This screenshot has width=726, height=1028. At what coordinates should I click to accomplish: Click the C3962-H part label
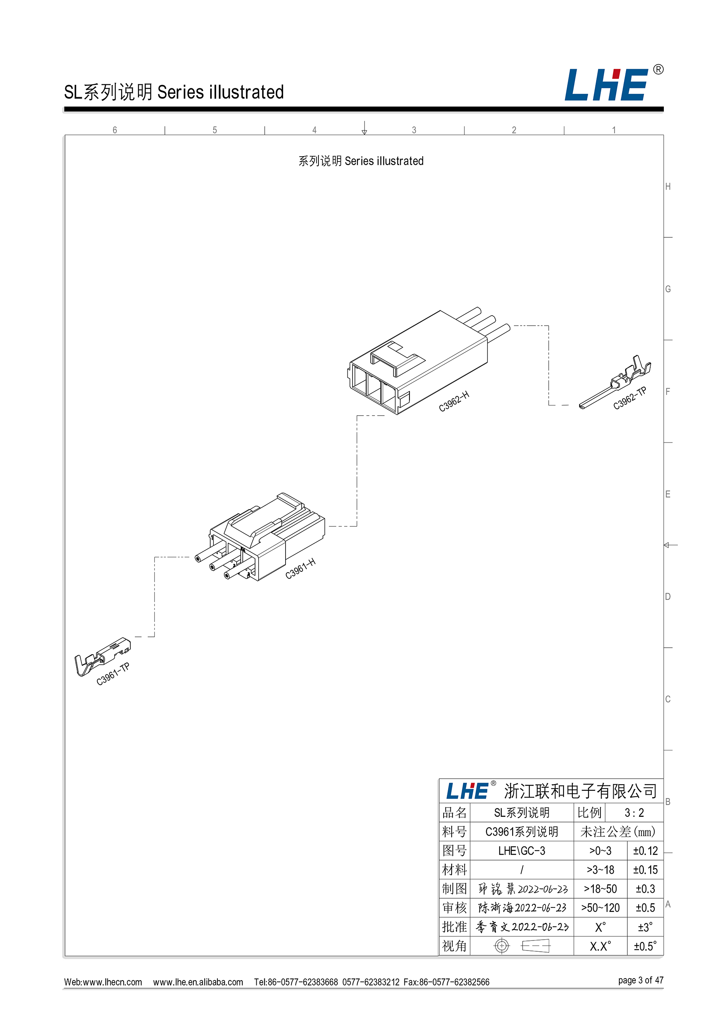[454, 401]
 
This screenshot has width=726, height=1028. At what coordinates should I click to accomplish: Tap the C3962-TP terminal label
[629, 398]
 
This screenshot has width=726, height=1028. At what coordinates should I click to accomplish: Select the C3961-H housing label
[300, 569]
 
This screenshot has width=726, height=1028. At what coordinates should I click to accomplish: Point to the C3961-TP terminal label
[113, 674]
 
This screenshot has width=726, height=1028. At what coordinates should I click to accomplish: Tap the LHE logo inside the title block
[467, 791]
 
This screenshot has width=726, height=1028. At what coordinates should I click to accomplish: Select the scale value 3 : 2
[634, 812]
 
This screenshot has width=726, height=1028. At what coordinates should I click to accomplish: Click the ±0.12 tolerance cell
[645, 851]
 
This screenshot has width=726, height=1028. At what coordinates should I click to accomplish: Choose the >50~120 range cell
[600, 908]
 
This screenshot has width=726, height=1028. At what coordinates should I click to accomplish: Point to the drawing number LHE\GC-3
[521, 851]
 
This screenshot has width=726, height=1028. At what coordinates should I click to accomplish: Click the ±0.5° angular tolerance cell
[645, 946]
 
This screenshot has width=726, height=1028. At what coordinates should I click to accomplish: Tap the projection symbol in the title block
[521, 946]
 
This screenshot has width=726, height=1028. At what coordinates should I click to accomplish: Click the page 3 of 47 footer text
[641, 980]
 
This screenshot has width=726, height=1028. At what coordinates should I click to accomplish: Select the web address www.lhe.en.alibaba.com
[198, 982]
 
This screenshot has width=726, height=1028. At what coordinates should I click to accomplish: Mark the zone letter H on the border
[668, 187]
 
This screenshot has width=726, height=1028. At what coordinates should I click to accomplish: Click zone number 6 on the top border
[115, 130]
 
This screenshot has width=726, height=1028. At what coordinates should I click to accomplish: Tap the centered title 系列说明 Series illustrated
[361, 161]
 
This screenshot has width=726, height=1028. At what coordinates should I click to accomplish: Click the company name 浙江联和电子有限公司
[580, 791]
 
